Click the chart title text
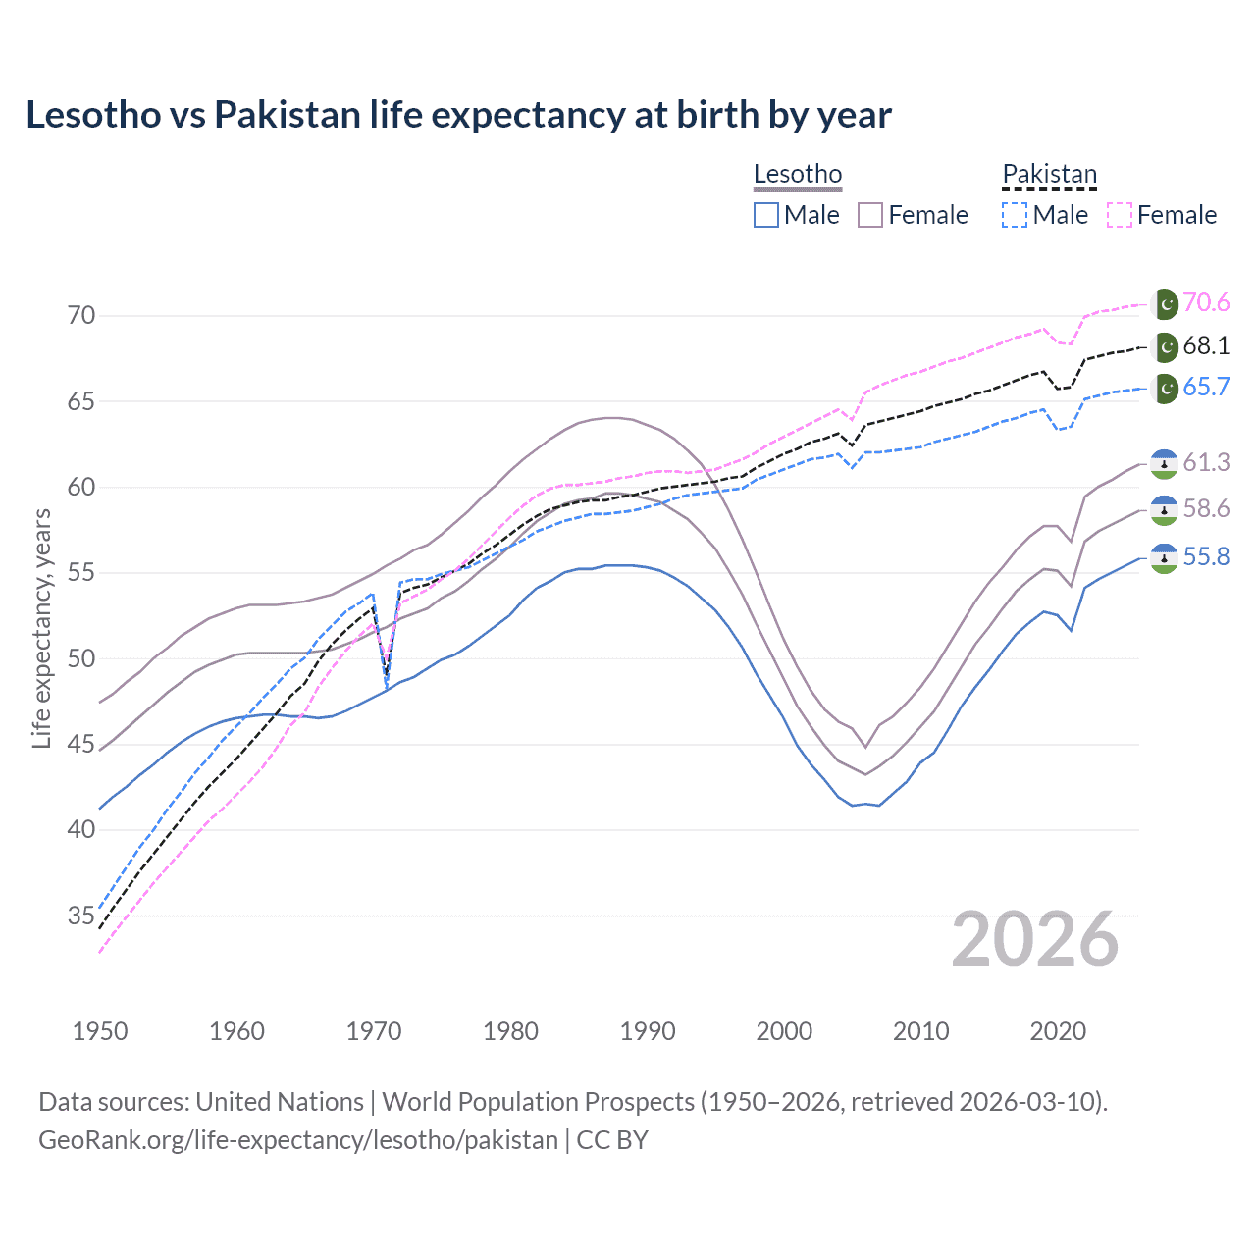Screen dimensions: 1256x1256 click(458, 115)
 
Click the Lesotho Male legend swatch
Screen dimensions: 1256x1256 click(766, 215)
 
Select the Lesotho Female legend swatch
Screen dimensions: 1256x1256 click(870, 215)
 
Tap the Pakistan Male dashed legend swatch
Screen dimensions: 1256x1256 click(1015, 215)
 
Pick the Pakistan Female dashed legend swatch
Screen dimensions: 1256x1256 click(1120, 215)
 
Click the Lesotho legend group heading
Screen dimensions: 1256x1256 click(798, 175)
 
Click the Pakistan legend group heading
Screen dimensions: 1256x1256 click(1049, 175)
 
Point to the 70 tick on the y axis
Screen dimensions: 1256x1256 click(81, 316)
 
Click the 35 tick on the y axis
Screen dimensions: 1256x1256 click(81, 916)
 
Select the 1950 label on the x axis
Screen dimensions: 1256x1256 click(100, 1031)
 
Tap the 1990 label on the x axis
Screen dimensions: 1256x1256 click(648, 1031)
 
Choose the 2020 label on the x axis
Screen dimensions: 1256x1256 click(1058, 1031)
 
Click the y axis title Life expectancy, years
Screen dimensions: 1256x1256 click(42, 629)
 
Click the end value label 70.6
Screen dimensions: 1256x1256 click(1206, 303)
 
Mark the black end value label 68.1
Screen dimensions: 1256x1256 click(1206, 346)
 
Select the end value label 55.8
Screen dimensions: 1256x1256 click(1206, 557)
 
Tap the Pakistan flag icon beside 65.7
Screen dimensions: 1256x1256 click(1165, 389)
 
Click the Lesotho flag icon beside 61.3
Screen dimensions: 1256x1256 click(1164, 463)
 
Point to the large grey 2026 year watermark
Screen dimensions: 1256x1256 click(1034, 940)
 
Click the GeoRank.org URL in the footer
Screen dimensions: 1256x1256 click(298, 1140)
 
